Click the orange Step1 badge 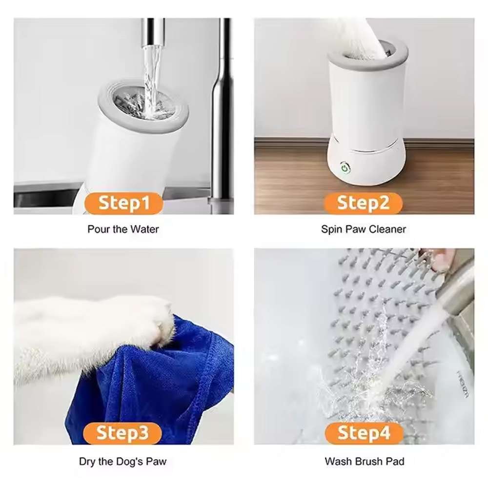tap(124, 203)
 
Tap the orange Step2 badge tap(363, 203)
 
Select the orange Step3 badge tap(122, 433)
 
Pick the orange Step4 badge tap(364, 433)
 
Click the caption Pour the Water tap(123, 229)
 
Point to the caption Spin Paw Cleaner tap(364, 229)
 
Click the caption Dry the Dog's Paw tap(122, 461)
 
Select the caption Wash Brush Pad tap(365, 461)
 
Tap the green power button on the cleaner tap(345, 168)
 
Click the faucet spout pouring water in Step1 tap(152, 33)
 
